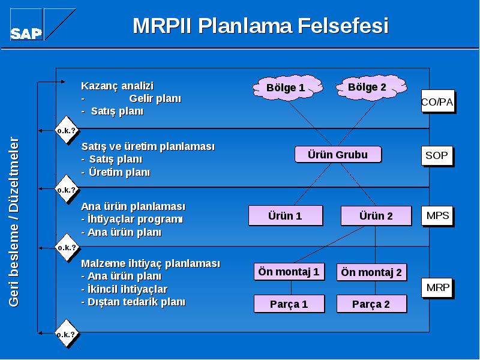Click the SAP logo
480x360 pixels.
coord(43,25)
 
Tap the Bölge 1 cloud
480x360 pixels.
coord(287,88)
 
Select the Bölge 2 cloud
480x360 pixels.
coord(371,87)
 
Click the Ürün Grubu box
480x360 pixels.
coord(338,155)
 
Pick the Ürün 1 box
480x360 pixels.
coord(286,215)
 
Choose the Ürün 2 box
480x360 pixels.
coord(376,216)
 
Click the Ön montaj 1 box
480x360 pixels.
coord(289,272)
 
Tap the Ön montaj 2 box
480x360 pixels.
coord(371,272)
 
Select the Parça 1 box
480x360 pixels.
coord(289,304)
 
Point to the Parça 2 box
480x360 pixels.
coord(371,304)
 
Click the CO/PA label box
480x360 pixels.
coord(438,101)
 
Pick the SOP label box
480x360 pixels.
coord(437,156)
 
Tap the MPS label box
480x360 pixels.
coord(437,216)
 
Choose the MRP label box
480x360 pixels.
coord(437,288)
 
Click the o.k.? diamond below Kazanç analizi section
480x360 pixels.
coord(67,130)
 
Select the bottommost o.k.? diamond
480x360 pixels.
coord(67,334)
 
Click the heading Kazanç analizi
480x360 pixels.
coord(117,86)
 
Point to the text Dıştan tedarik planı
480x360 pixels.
coord(133,302)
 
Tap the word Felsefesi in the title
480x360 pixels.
coord(343,25)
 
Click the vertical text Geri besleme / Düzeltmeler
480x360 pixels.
coord(14,222)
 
